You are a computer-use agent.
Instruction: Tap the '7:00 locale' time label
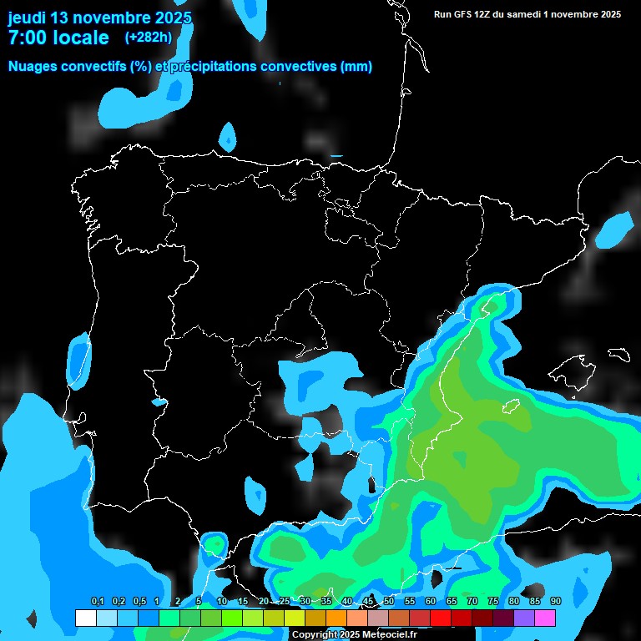pyautogui.click(x=58, y=38)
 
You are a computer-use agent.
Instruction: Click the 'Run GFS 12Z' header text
pyautogui.click(x=464, y=14)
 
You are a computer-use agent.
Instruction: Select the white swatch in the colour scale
pyautogui.click(x=85, y=618)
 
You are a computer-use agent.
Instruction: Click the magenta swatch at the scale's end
pyautogui.click(x=545, y=618)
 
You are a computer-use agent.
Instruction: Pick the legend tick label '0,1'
pyautogui.click(x=98, y=602)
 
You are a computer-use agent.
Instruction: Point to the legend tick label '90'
pyautogui.click(x=556, y=602)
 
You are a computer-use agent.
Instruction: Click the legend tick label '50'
pyautogui.click(x=389, y=602)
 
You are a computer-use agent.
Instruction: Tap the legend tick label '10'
pyautogui.click(x=221, y=602)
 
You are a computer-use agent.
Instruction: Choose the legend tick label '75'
pyautogui.click(x=493, y=602)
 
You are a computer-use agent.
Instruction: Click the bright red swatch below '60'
pyautogui.click(x=441, y=618)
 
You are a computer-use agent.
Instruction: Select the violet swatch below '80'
pyautogui.click(x=524, y=618)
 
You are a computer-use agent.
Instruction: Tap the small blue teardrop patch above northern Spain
pyautogui.click(x=227, y=136)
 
